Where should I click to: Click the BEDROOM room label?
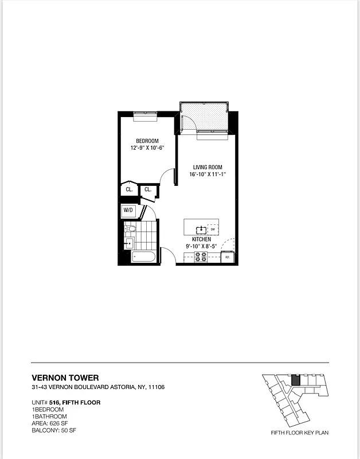click(147, 141)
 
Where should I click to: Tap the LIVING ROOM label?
click(207, 168)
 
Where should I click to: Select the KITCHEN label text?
click(201, 239)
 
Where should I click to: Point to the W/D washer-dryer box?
click(128, 211)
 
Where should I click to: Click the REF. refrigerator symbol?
click(228, 257)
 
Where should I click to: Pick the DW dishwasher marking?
click(212, 229)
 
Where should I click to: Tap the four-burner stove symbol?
click(201, 257)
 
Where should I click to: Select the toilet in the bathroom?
click(131, 229)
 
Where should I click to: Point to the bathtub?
click(143, 256)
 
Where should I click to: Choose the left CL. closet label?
click(129, 189)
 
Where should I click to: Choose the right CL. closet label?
click(147, 189)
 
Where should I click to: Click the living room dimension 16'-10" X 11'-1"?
click(207, 176)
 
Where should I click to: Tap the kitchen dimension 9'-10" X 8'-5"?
click(201, 247)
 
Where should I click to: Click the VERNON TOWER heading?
click(65, 378)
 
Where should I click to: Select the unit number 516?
click(54, 402)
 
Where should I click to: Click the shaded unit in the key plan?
click(296, 380)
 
